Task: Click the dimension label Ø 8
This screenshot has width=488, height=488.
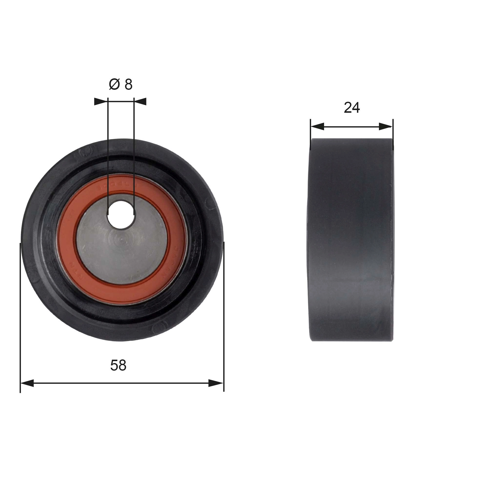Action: point(121,84)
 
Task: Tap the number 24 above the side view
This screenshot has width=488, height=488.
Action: point(352,108)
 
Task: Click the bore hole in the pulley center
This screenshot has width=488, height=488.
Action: point(121,215)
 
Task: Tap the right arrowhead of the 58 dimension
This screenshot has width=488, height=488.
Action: point(216,383)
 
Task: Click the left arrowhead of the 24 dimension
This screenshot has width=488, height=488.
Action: point(317,127)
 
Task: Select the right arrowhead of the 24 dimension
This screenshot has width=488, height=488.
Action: point(386,127)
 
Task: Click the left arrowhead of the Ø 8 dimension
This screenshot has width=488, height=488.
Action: point(101,102)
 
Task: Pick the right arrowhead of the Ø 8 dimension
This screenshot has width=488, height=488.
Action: point(141,102)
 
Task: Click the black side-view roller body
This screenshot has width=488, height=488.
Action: point(351,240)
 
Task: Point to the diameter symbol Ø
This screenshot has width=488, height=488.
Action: point(114,84)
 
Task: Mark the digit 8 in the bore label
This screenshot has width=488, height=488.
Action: point(128,84)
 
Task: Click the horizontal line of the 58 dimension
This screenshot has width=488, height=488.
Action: point(121,383)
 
